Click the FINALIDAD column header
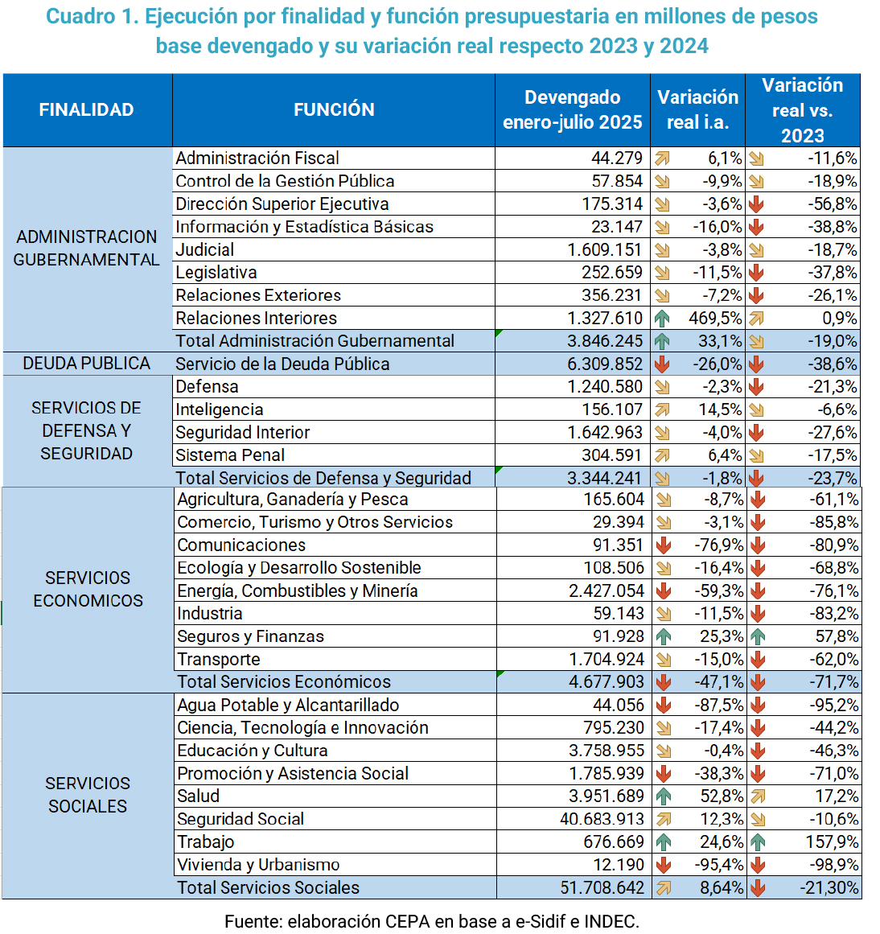pyautogui.click(x=87, y=110)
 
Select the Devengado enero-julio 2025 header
pyautogui.click(x=572, y=110)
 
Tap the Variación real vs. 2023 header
pyautogui.click(x=802, y=110)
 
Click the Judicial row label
pyautogui.click(x=205, y=250)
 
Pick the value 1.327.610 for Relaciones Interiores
pyautogui.click(x=605, y=319)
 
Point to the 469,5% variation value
pyautogui.click(x=715, y=319)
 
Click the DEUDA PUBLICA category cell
pyautogui.click(x=87, y=364)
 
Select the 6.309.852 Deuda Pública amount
pyautogui.click(x=605, y=364)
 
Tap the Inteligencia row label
pyautogui.click(x=220, y=410)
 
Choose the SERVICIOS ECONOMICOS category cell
pyautogui.click(x=88, y=590)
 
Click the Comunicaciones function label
pyautogui.click(x=241, y=545)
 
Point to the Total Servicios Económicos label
pyautogui.click(x=284, y=682)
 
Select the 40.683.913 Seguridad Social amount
pyautogui.click(x=602, y=820)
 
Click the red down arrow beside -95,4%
pyautogui.click(x=664, y=866)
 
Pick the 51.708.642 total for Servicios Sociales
pyautogui.click(x=602, y=888)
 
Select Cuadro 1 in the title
pyautogui.click(x=92, y=17)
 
